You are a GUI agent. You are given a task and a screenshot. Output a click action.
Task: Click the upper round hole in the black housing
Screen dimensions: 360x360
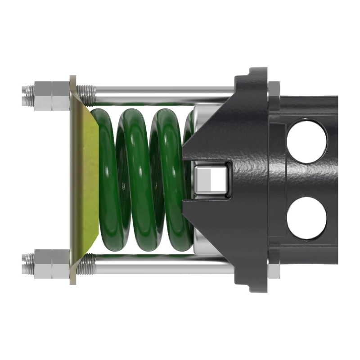coord(306,140)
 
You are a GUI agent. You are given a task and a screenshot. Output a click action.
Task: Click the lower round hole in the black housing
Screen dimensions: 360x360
coord(306,218)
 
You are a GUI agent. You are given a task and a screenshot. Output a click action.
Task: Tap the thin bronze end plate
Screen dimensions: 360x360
coord(73,180)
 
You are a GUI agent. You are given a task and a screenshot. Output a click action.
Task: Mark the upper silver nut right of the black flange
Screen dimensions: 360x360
coord(274,90)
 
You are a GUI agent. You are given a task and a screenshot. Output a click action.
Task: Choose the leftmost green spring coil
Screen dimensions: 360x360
coord(108,180)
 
